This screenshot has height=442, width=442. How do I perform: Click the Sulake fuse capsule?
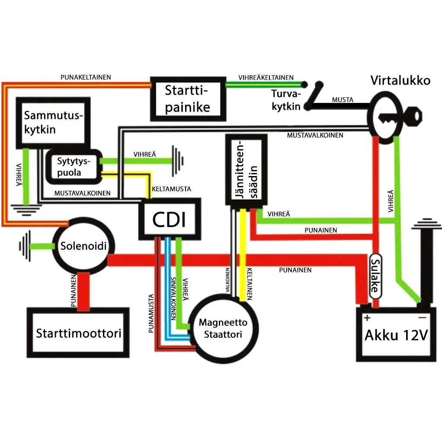point(375,276)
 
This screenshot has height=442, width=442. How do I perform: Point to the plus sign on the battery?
point(367,318)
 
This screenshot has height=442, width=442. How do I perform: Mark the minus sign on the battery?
point(422,318)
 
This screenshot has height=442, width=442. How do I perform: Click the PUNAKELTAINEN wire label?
point(86,77)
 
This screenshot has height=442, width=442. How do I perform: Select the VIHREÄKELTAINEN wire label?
point(266,77)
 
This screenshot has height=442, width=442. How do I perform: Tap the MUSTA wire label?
point(343,100)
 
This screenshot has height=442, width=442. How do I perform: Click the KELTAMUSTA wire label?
point(171,189)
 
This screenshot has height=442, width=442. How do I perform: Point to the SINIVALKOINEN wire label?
point(173,298)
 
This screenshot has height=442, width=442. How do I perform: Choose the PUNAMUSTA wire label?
point(151,313)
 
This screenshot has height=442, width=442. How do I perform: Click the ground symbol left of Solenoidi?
point(25,246)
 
